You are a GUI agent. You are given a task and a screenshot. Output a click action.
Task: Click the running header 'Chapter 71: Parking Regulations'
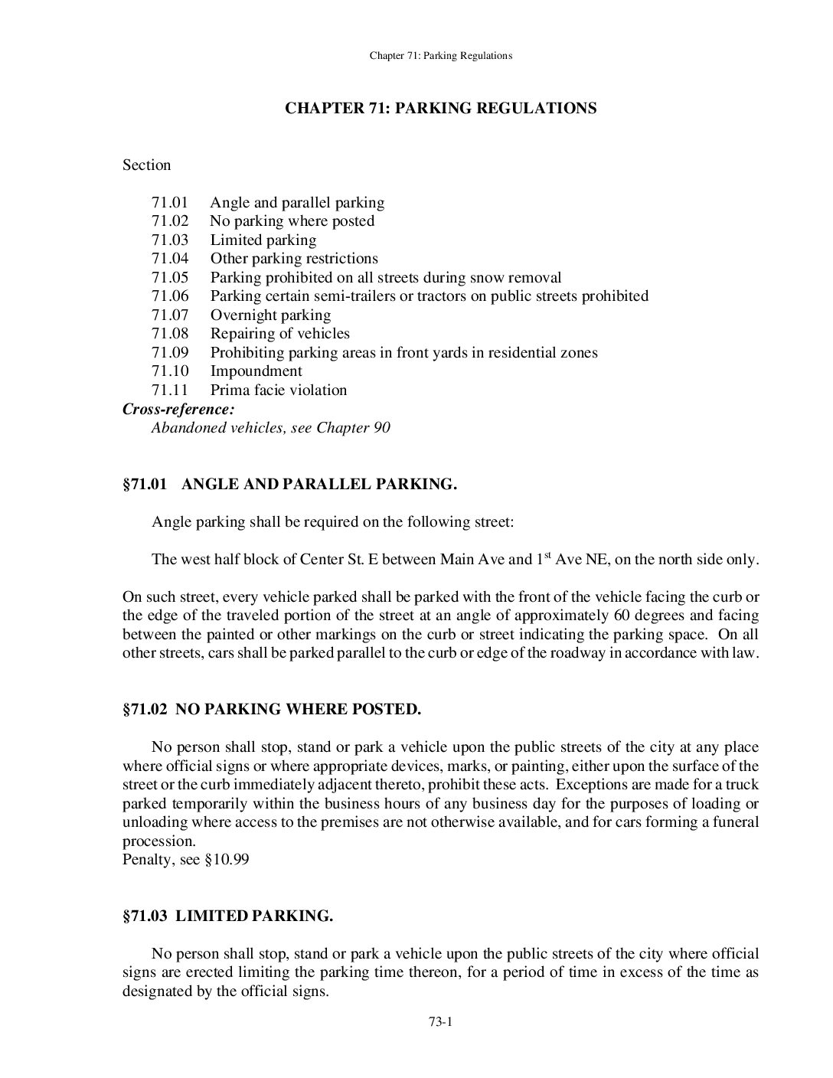point(440,55)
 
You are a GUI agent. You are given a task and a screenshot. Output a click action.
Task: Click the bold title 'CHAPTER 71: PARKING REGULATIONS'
point(440,108)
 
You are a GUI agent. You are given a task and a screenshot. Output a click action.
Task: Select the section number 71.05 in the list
point(170,277)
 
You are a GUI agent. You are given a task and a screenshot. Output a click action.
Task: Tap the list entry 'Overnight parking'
point(270,315)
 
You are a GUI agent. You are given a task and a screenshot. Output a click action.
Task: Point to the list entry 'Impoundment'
point(256,371)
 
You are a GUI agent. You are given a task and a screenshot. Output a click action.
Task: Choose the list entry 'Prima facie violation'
point(279,390)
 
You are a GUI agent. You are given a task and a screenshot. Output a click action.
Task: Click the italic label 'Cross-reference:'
point(178,409)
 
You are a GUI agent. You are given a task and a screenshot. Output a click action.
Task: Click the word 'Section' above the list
point(147,165)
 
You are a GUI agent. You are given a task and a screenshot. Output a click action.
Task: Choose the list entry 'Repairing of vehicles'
point(279,334)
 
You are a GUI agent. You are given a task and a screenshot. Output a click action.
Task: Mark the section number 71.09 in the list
point(170,352)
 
